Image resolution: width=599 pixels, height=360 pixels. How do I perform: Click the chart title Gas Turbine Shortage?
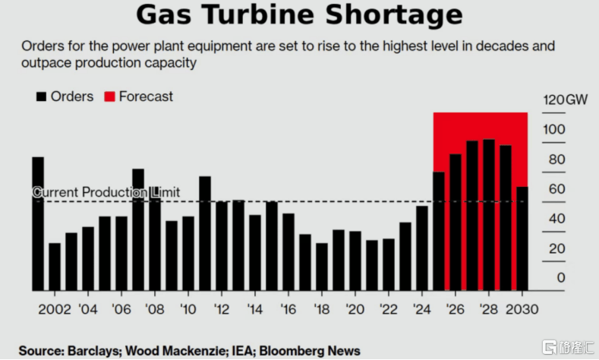point(299,14)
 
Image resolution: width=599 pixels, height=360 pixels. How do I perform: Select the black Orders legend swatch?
point(40,96)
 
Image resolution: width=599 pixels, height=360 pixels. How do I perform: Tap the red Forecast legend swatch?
point(109,96)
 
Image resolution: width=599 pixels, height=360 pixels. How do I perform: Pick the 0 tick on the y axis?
point(560,278)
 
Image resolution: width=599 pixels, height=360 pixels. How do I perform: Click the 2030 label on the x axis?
point(522,310)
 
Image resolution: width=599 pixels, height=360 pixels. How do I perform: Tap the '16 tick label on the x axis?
point(288,310)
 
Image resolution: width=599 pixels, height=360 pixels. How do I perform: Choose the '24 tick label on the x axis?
point(421,310)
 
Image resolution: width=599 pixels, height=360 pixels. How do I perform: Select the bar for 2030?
point(522,238)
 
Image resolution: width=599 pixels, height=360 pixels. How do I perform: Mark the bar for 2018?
point(322,267)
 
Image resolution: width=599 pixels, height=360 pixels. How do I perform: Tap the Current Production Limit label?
point(106,192)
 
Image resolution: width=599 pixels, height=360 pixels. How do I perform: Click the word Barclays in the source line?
point(92,350)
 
